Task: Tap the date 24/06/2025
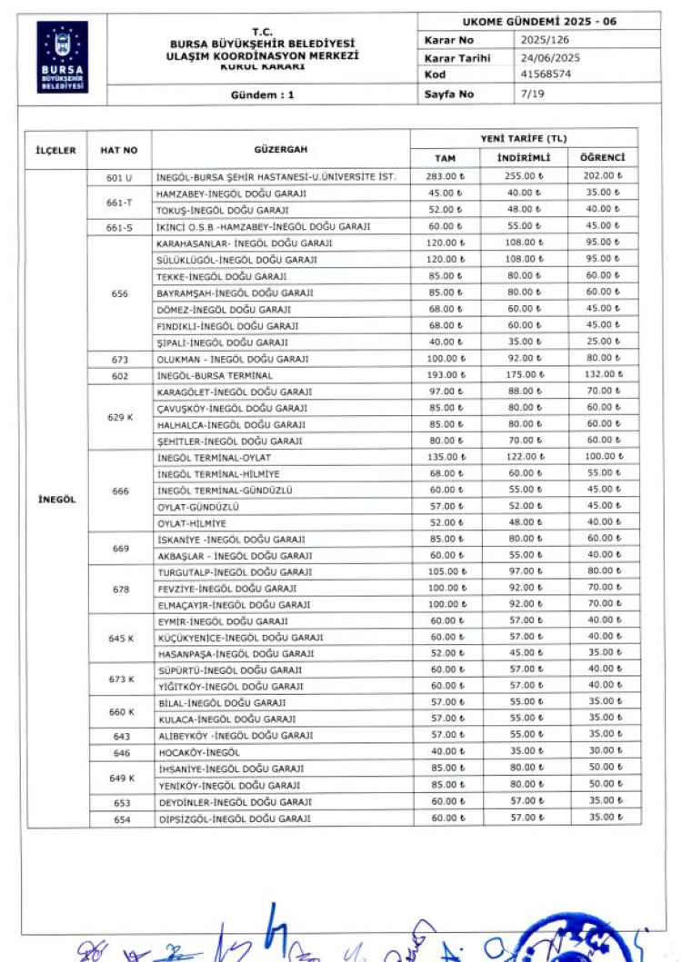pyautogui.click(x=550, y=58)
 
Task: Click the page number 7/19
pyautogui.click(x=532, y=94)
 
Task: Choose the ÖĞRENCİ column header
pyautogui.click(x=602, y=158)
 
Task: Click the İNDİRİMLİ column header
pyautogui.click(x=524, y=158)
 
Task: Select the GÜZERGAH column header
pyautogui.click(x=280, y=149)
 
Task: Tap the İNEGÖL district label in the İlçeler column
pyautogui.click(x=56, y=498)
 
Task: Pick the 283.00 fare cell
pyautogui.click(x=446, y=176)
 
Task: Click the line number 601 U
pyautogui.click(x=120, y=177)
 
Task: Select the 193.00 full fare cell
pyautogui.click(x=446, y=375)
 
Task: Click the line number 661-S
pyautogui.click(x=120, y=227)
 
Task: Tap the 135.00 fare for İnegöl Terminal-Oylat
pyautogui.click(x=446, y=457)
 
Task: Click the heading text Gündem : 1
pyautogui.click(x=262, y=94)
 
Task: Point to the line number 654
pyautogui.click(x=122, y=819)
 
